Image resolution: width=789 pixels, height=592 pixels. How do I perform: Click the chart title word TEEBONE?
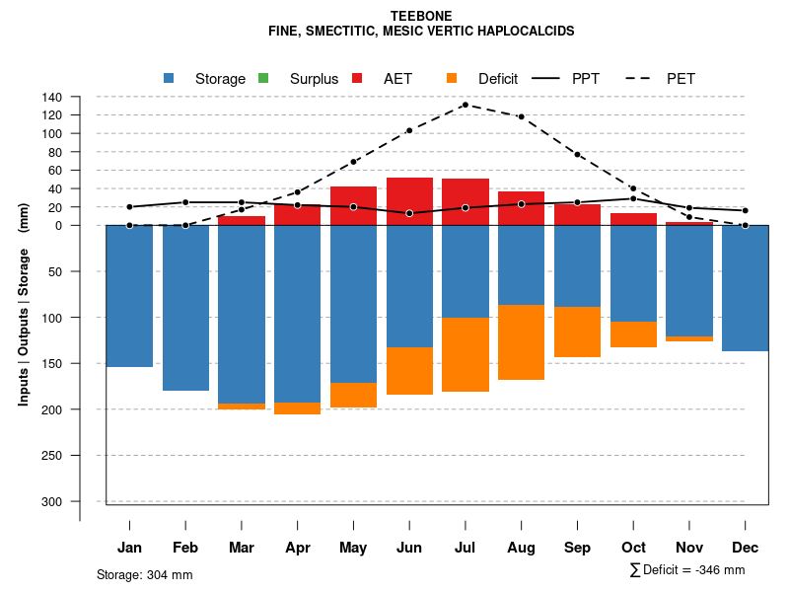(421, 16)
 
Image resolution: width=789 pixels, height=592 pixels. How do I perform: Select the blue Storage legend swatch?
(169, 78)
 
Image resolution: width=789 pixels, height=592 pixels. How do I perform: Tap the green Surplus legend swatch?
(263, 78)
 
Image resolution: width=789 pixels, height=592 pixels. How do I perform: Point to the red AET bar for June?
(409, 201)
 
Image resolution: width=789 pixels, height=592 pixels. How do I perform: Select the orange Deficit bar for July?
(466, 354)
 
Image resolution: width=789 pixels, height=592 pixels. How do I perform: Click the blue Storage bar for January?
(129, 296)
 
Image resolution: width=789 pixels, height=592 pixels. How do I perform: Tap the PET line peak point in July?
(466, 105)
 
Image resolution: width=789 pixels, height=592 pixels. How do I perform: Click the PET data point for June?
(409, 130)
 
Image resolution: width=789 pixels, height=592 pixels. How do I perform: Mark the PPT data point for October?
(633, 198)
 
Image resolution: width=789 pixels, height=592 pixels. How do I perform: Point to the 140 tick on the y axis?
(81, 97)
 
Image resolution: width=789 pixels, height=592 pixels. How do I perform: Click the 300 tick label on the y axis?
(52, 501)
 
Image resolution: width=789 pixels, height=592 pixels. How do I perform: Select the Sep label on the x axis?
(577, 548)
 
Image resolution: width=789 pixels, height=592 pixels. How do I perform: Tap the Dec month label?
(746, 548)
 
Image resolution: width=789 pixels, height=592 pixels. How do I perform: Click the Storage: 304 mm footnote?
(144, 574)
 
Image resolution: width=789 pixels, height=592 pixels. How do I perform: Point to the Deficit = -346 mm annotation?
(687, 570)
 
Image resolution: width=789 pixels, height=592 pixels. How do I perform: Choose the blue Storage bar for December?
(746, 288)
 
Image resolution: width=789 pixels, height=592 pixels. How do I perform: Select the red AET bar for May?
(353, 205)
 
